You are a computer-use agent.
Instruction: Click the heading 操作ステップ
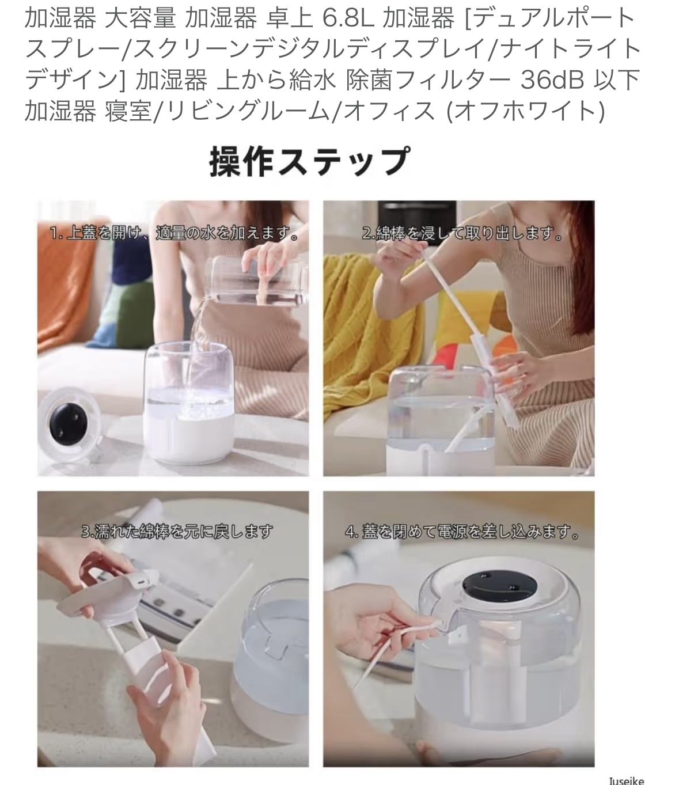tap(309, 162)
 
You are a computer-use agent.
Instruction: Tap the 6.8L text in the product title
tap(348, 18)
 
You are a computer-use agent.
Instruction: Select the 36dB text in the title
tap(552, 79)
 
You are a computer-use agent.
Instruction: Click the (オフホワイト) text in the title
tap(526, 111)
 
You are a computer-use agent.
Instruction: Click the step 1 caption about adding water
tap(174, 233)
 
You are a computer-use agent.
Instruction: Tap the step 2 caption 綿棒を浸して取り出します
tap(462, 233)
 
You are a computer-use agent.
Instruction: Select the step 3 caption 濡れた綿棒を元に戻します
tap(177, 531)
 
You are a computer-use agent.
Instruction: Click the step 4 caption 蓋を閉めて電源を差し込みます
tap(462, 532)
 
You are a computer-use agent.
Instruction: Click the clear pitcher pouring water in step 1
tap(255, 282)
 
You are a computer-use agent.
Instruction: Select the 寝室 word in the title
tap(128, 111)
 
